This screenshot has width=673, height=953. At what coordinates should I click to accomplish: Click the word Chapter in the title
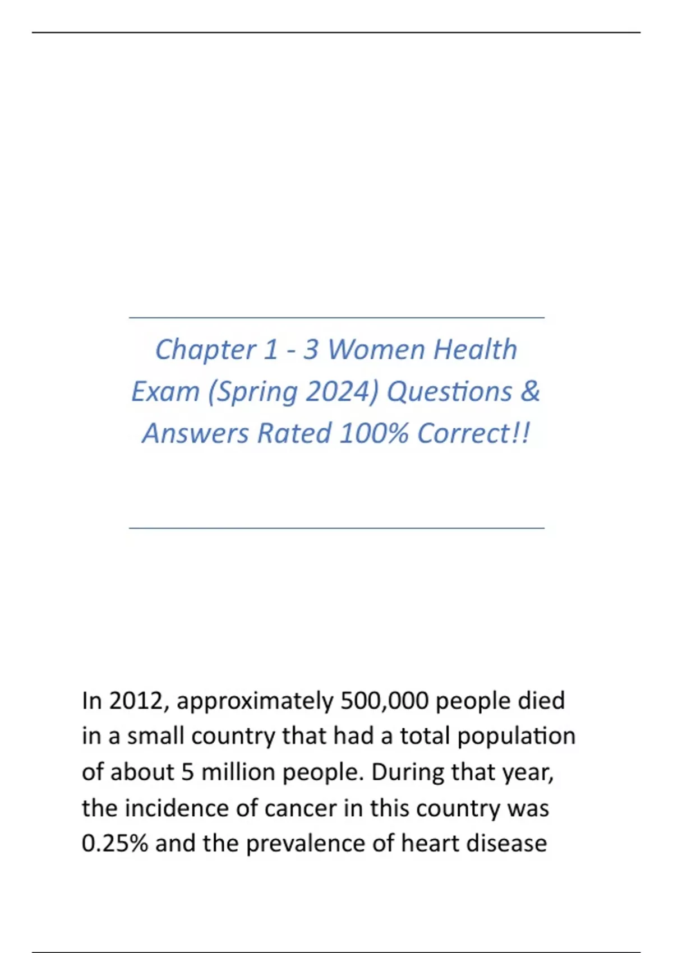click(x=205, y=350)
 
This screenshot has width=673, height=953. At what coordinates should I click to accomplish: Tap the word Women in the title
click(x=376, y=350)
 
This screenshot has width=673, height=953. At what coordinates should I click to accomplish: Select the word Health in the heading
click(x=475, y=350)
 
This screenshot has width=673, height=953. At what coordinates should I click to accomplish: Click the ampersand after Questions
click(x=529, y=391)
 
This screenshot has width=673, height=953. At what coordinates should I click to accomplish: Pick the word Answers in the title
click(x=195, y=433)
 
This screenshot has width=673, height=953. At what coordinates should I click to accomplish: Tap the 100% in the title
click(x=374, y=433)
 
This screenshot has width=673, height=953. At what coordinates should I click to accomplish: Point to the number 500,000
click(x=384, y=701)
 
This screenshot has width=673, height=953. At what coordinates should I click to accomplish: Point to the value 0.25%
click(x=114, y=844)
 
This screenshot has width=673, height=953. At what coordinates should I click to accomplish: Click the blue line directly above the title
click(x=336, y=318)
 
